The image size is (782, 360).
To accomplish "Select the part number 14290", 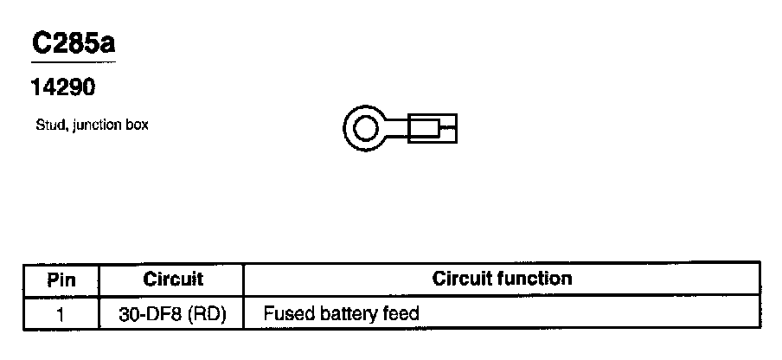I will coord(61,88).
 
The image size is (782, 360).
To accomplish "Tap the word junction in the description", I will coord(94,125).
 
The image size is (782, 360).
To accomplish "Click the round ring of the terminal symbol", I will coord(349,131).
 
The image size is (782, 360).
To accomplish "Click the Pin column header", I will coord(61,280).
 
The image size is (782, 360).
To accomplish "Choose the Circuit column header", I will coord(172,280).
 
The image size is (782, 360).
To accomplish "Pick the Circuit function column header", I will coord(502,279).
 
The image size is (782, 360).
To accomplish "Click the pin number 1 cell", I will coord(61,312).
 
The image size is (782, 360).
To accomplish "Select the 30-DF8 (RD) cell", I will coord(172,312).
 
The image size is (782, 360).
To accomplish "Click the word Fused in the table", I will coord(285,312).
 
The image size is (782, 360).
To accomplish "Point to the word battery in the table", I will coord(346,312).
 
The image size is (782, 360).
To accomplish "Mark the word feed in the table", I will coord(401,312).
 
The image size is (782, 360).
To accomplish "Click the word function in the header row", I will coord(541,279).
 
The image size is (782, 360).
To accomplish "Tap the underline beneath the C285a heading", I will coord(73,61).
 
